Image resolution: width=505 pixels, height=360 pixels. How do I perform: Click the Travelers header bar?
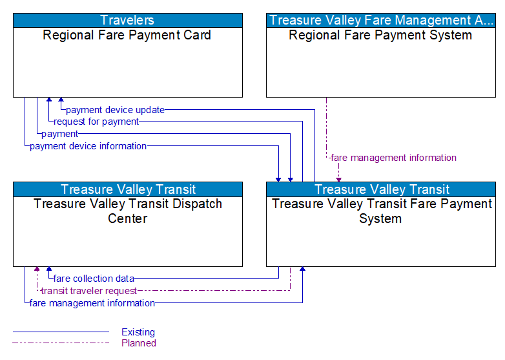[128, 20]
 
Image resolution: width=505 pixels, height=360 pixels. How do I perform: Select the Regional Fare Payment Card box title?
[127, 35]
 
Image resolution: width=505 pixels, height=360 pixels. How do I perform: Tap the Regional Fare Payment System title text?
[380, 35]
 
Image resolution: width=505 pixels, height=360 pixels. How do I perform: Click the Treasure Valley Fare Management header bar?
[380, 20]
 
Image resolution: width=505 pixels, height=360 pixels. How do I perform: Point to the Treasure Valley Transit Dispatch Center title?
[127, 211]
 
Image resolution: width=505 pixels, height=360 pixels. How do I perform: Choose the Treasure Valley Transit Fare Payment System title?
[381, 211]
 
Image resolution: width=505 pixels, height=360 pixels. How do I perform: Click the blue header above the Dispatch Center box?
[128, 189]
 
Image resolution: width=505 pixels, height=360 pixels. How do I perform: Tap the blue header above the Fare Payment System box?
[381, 189]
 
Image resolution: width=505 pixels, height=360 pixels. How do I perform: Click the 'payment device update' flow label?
[115, 110]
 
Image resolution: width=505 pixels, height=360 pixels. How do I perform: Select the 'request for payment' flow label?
[96, 122]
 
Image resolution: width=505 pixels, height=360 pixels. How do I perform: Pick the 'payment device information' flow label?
[88, 146]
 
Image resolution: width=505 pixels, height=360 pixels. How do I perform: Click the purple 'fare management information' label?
[393, 158]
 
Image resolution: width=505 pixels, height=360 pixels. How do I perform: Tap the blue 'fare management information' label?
[92, 303]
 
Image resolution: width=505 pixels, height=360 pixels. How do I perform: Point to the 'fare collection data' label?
[94, 279]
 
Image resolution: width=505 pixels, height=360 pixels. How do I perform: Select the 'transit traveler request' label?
[88, 291]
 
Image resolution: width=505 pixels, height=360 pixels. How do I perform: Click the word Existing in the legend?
[138, 332]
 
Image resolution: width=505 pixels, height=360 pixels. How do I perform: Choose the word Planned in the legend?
[139, 343]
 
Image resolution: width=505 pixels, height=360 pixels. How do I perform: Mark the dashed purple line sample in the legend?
[61, 343]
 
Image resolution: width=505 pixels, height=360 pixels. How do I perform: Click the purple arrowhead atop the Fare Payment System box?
[338, 178]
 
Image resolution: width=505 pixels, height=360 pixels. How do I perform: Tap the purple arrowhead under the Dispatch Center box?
[37, 270]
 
